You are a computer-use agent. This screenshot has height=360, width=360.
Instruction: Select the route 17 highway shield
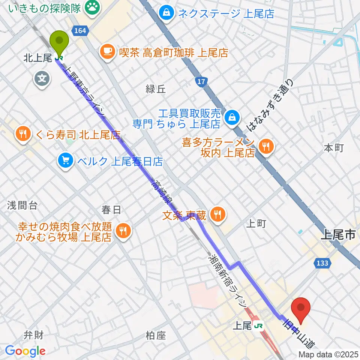[x=201, y=82]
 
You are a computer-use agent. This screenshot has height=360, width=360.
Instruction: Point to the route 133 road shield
[x=322, y=263]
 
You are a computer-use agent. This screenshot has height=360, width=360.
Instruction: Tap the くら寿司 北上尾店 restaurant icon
[x=24, y=133]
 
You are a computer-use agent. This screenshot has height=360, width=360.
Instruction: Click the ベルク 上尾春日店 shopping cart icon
[x=66, y=161]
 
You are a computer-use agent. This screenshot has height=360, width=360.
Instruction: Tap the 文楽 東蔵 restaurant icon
[x=216, y=215]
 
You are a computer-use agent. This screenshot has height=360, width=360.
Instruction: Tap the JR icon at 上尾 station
[x=258, y=326]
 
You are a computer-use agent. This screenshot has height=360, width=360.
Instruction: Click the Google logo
[x=25, y=351]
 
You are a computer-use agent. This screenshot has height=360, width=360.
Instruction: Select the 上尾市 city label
[x=338, y=235]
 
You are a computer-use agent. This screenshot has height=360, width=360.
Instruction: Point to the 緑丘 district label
[x=156, y=89]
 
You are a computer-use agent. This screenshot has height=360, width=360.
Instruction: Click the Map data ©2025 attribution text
[x=328, y=354]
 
